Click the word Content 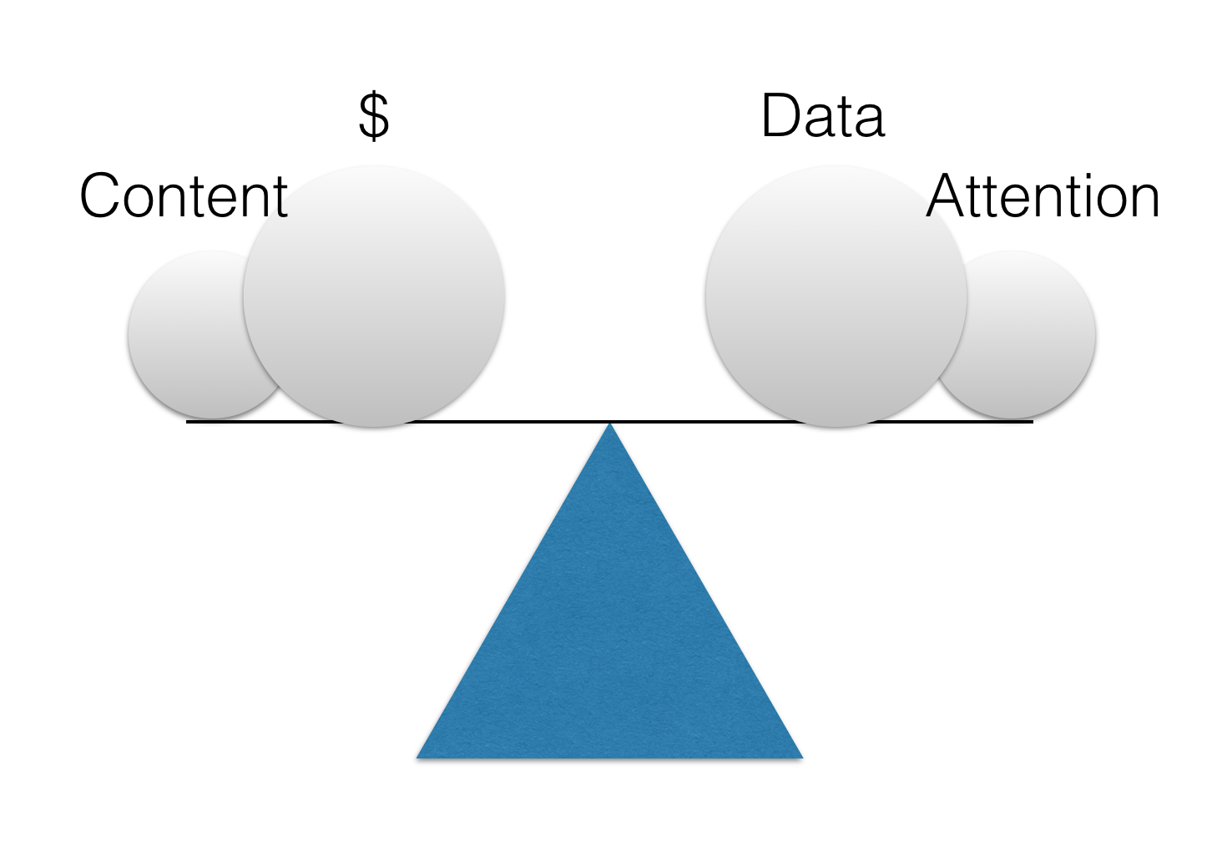click(x=184, y=196)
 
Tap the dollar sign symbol click(x=373, y=116)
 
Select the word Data click(x=822, y=116)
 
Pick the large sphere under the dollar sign click(x=374, y=296)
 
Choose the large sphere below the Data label click(x=836, y=296)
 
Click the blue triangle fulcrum click(x=609, y=635)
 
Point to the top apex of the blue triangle click(x=610, y=426)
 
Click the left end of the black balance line click(x=188, y=422)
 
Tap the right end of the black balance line click(x=1032, y=422)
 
